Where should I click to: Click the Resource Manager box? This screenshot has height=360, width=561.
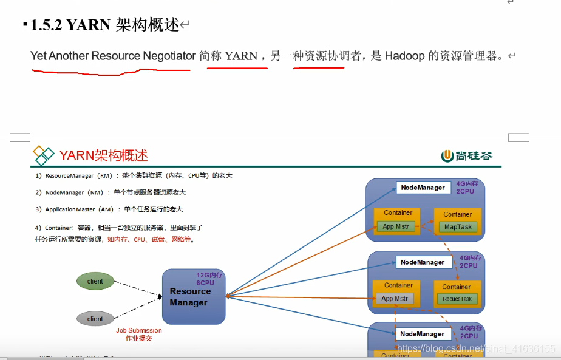[193, 297]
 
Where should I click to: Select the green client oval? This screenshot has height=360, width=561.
[95, 281]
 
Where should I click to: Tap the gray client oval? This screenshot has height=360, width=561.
[95, 319]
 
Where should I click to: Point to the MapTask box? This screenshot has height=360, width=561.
[458, 227]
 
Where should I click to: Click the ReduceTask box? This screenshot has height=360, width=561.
[457, 299]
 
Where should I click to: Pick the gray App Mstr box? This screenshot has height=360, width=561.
[395, 299]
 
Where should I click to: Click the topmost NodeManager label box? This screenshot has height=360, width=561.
[423, 188]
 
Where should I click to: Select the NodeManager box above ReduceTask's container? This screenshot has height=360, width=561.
[423, 263]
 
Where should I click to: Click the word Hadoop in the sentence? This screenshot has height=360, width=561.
[404, 56]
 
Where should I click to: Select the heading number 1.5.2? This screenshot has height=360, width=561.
[46, 25]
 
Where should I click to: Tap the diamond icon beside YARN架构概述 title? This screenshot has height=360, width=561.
[43, 155]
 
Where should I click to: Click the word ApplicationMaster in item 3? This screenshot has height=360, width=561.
[70, 209]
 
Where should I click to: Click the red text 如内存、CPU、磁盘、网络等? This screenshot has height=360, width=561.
[151, 240]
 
